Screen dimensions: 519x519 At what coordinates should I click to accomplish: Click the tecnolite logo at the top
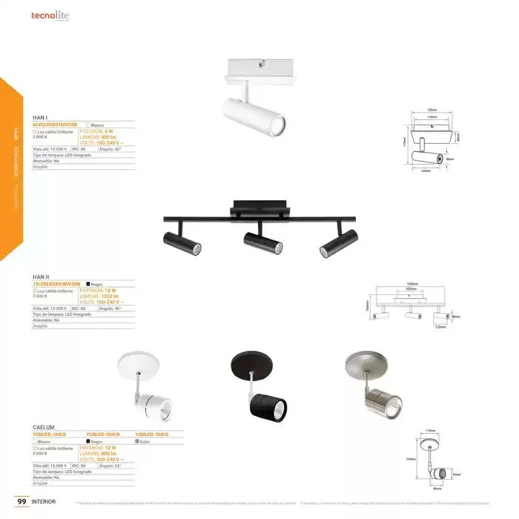[x=51, y=14]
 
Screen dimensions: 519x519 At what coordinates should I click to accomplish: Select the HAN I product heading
[x=40, y=117]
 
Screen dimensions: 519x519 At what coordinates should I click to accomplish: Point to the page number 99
[x=22, y=502]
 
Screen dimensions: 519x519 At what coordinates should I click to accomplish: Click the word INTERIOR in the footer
[x=44, y=502]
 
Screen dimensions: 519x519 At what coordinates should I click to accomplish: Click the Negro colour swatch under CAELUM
[x=90, y=441]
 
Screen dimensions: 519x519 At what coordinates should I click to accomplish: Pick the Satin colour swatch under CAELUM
[x=138, y=441]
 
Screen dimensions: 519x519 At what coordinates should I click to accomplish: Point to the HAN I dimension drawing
[x=428, y=141]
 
